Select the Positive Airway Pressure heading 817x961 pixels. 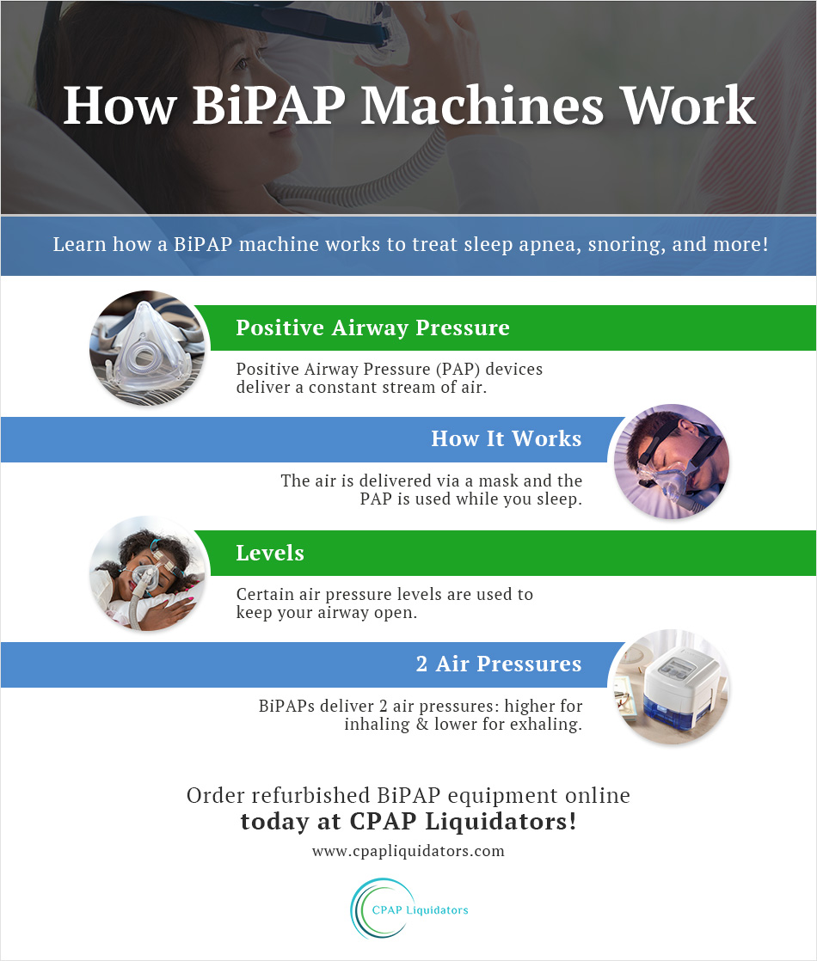pos(372,328)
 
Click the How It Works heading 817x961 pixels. pos(506,439)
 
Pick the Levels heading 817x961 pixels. pos(270,554)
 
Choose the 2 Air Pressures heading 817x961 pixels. pos(498,664)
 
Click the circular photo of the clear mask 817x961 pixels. pos(149,348)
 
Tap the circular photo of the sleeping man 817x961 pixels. pos(670,462)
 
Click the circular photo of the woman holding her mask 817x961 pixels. pos(149,574)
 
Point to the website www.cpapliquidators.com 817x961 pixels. pos(408,852)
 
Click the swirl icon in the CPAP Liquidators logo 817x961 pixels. pos(376,909)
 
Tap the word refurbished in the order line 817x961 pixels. pos(329,795)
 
